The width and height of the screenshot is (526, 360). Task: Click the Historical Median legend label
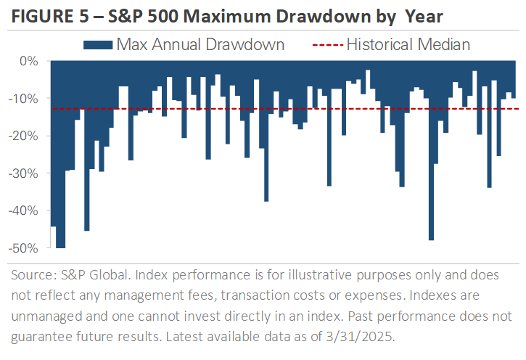pos(408,44)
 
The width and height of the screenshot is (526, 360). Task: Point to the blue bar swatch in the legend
pos(99,45)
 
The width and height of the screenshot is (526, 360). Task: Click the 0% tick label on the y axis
pos(28,61)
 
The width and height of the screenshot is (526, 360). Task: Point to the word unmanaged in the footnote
pos(49,316)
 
